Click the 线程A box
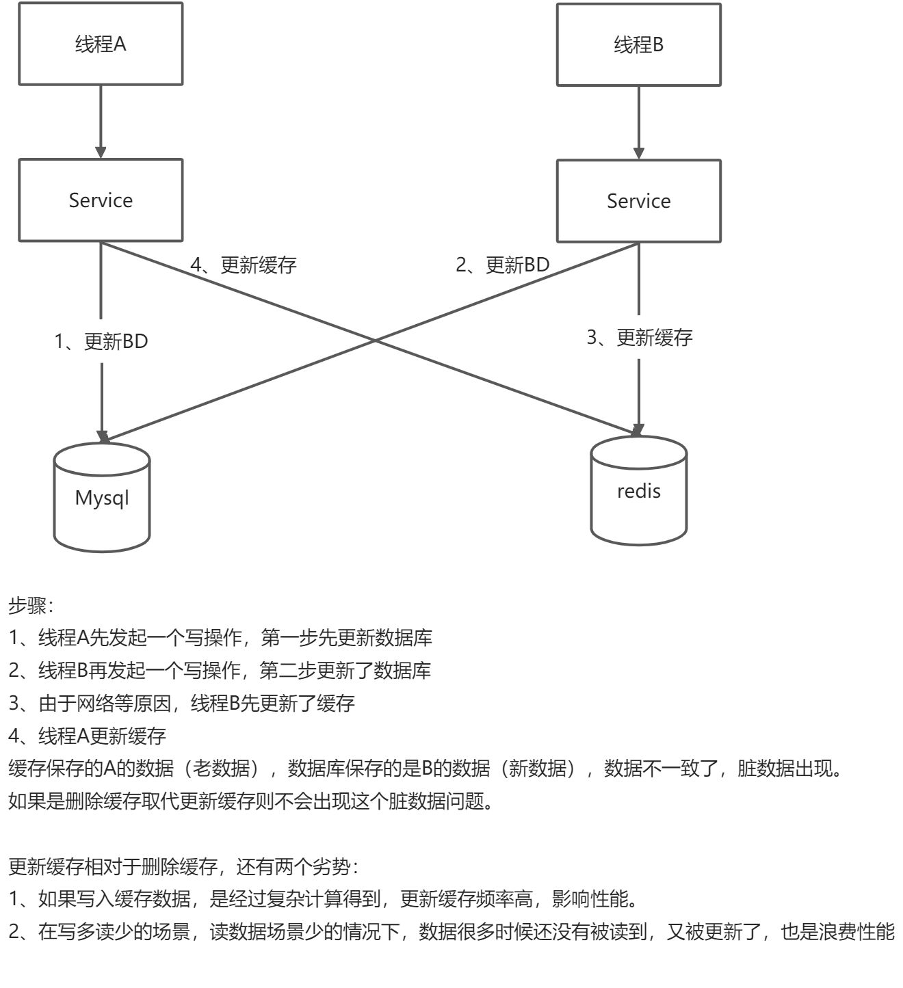[x=101, y=44]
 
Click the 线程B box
[x=638, y=45]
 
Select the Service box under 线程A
[x=101, y=200]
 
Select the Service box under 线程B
[x=638, y=201]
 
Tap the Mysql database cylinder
[x=102, y=498]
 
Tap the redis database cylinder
[x=638, y=492]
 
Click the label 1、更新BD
[x=101, y=341]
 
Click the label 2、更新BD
[x=503, y=265]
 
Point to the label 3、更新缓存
[x=640, y=337]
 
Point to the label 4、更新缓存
[x=244, y=265]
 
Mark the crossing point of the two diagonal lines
[x=375, y=340]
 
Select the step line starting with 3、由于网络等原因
[x=181, y=703]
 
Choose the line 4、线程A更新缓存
[x=88, y=736]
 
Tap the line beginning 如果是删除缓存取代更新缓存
[x=250, y=801]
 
